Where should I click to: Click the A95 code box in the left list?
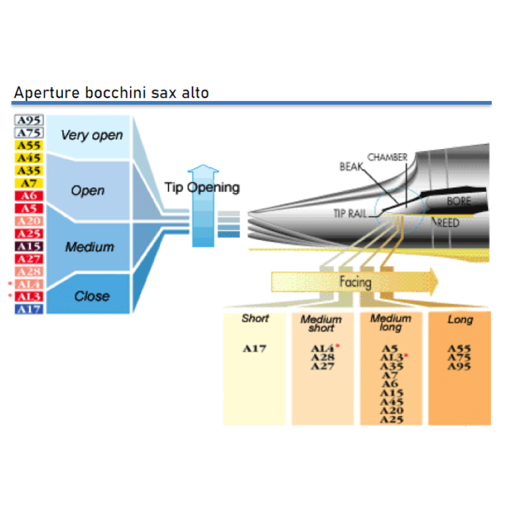click(x=28, y=120)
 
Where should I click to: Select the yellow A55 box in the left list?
click(x=28, y=145)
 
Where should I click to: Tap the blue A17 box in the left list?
click(x=28, y=309)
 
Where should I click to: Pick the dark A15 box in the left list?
click(x=28, y=246)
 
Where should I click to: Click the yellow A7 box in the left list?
click(x=28, y=183)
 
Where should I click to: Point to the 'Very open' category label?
click(x=92, y=135)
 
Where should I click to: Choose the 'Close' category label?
click(x=92, y=296)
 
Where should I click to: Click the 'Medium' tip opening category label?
click(x=90, y=247)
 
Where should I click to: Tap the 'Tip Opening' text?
click(x=202, y=187)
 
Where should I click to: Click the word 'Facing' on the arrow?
click(x=355, y=282)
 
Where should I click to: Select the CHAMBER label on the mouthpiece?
click(x=388, y=157)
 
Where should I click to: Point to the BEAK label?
click(x=352, y=167)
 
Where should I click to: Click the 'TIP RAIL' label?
click(x=350, y=213)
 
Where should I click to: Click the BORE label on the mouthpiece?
click(x=459, y=201)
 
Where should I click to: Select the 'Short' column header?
click(x=254, y=319)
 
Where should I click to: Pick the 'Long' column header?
click(x=460, y=320)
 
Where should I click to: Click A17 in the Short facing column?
click(x=254, y=348)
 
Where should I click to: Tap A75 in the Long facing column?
click(x=459, y=357)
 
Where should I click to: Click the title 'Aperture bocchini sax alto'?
click(x=110, y=93)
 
